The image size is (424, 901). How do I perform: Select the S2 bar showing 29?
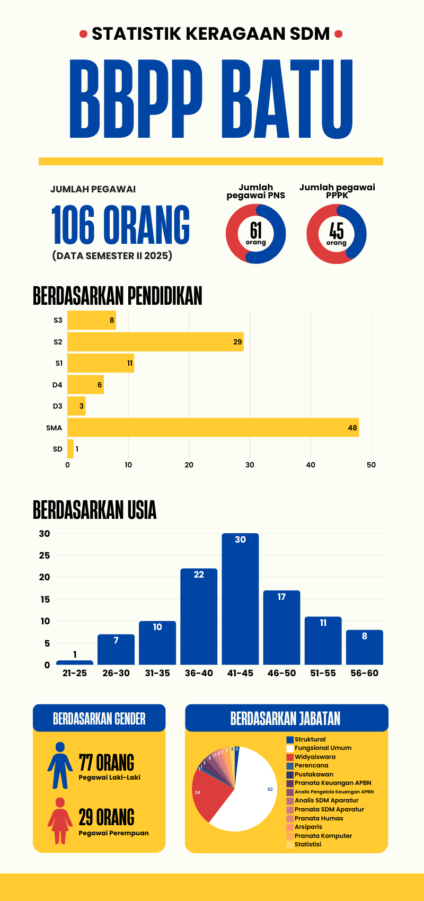click(x=155, y=342)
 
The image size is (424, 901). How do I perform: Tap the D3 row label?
click(x=57, y=406)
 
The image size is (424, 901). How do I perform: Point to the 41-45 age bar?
click(x=240, y=599)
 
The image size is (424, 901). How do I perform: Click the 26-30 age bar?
click(x=116, y=649)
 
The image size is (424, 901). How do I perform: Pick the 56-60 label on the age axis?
click(x=365, y=673)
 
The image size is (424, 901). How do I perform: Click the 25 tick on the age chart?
click(x=45, y=555)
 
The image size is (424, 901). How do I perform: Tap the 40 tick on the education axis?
click(x=311, y=465)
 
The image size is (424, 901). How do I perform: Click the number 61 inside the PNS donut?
click(x=256, y=230)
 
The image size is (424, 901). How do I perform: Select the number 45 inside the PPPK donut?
click(x=337, y=230)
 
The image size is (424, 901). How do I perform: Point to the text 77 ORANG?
click(x=107, y=763)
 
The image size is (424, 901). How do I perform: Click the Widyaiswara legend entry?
click(x=315, y=757)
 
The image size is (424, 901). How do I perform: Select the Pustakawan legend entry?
click(x=314, y=774)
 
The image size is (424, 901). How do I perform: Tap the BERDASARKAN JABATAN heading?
click(x=286, y=719)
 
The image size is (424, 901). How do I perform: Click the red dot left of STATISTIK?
click(x=83, y=34)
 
